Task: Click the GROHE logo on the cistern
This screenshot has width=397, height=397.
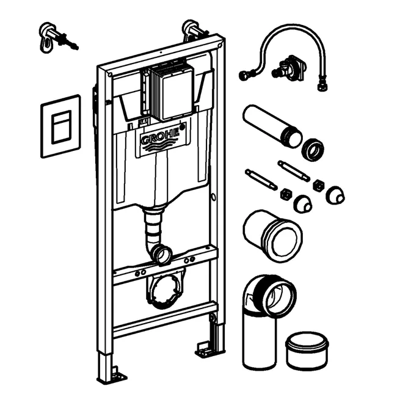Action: [x=160, y=138]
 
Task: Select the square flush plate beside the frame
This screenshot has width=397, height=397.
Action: [x=61, y=126]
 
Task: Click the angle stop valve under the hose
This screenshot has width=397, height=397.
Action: [x=289, y=68]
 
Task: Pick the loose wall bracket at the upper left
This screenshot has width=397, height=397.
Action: [x=57, y=38]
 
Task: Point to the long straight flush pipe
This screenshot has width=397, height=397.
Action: [x=272, y=126]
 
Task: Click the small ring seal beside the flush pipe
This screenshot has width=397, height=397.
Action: [x=313, y=150]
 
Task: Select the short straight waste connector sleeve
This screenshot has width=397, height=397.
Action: [x=272, y=236]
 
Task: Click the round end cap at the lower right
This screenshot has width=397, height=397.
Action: [x=307, y=351]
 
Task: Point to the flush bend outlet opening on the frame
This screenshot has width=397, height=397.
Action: [x=161, y=254]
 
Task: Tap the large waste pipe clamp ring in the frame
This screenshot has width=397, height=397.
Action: [x=164, y=291]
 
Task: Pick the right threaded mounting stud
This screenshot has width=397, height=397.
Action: [x=294, y=171]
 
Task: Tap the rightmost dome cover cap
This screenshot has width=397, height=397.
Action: [x=335, y=195]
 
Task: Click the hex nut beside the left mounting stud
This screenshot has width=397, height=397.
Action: [x=286, y=194]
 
